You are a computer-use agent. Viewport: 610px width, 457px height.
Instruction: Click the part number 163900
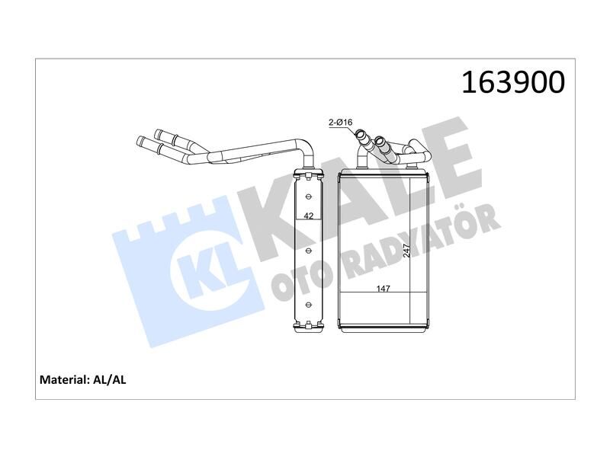pyautogui.click(x=513, y=82)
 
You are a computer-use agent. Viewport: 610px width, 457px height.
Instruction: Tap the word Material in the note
pyautogui.click(x=63, y=379)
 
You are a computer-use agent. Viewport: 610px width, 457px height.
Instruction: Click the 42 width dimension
pyautogui.click(x=308, y=216)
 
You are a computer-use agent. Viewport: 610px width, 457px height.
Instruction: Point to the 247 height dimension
pyautogui.click(x=406, y=249)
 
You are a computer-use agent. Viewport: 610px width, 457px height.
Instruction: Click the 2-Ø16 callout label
pyautogui.click(x=339, y=122)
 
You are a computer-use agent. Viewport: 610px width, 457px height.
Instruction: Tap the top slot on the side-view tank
pyautogui.click(x=309, y=194)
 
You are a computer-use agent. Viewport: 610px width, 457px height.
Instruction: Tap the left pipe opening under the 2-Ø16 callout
pyautogui.click(x=359, y=138)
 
